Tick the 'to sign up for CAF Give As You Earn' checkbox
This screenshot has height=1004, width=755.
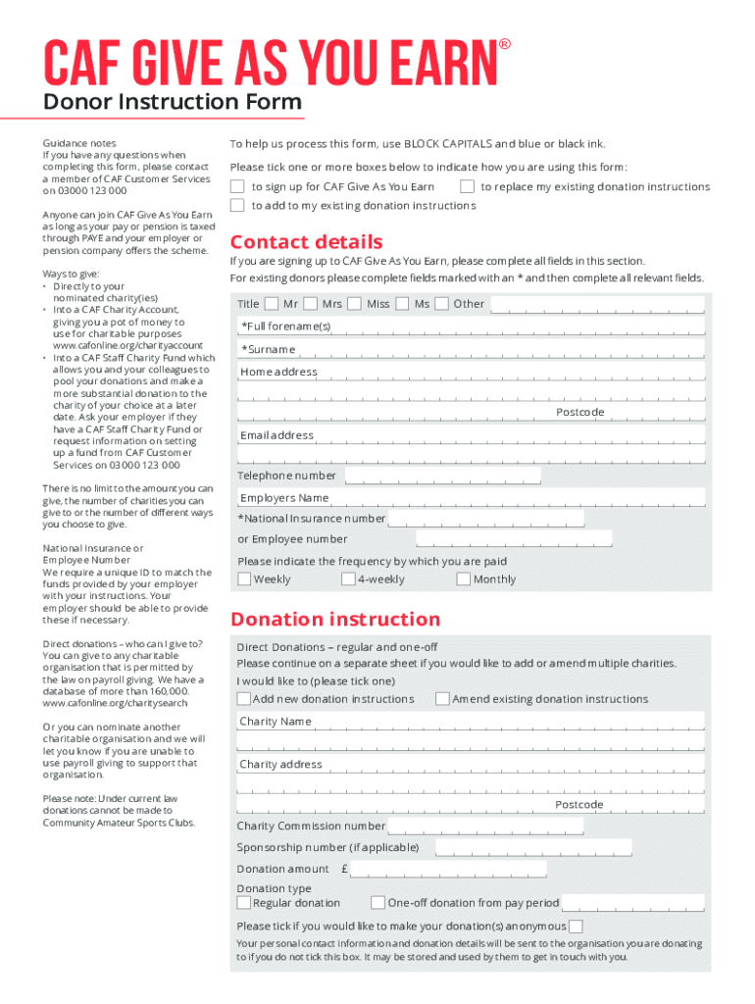(x=237, y=186)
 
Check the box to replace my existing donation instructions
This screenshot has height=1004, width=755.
(x=467, y=186)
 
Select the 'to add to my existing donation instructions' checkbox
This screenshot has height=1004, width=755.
(x=237, y=205)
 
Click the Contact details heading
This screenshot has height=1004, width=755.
(x=306, y=242)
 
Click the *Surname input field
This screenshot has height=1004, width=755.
(x=500, y=350)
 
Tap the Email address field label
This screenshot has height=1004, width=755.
(x=277, y=435)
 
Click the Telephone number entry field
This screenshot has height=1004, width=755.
(x=442, y=477)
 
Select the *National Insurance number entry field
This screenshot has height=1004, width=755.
(x=486, y=519)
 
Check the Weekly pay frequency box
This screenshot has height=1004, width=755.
(x=244, y=579)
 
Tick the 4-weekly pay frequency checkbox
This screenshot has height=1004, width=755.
(x=348, y=579)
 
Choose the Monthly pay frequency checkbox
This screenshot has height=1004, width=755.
(x=463, y=579)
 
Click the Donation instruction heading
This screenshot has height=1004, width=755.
(x=334, y=620)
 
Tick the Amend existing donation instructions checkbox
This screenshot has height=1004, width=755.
(x=442, y=699)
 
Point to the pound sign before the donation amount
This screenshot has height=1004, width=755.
(x=345, y=870)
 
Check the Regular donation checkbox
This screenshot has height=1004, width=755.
(x=244, y=903)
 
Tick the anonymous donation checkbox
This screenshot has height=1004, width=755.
(x=577, y=927)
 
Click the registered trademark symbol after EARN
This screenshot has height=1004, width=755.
(x=505, y=45)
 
